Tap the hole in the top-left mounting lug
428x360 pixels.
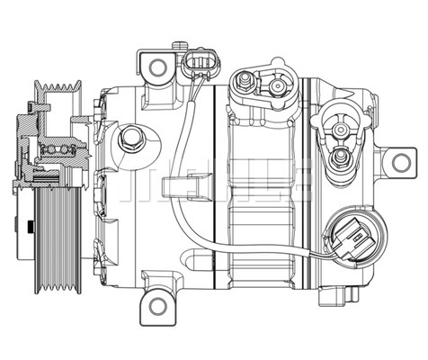coord(158,66)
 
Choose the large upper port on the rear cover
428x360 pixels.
coord(340,129)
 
